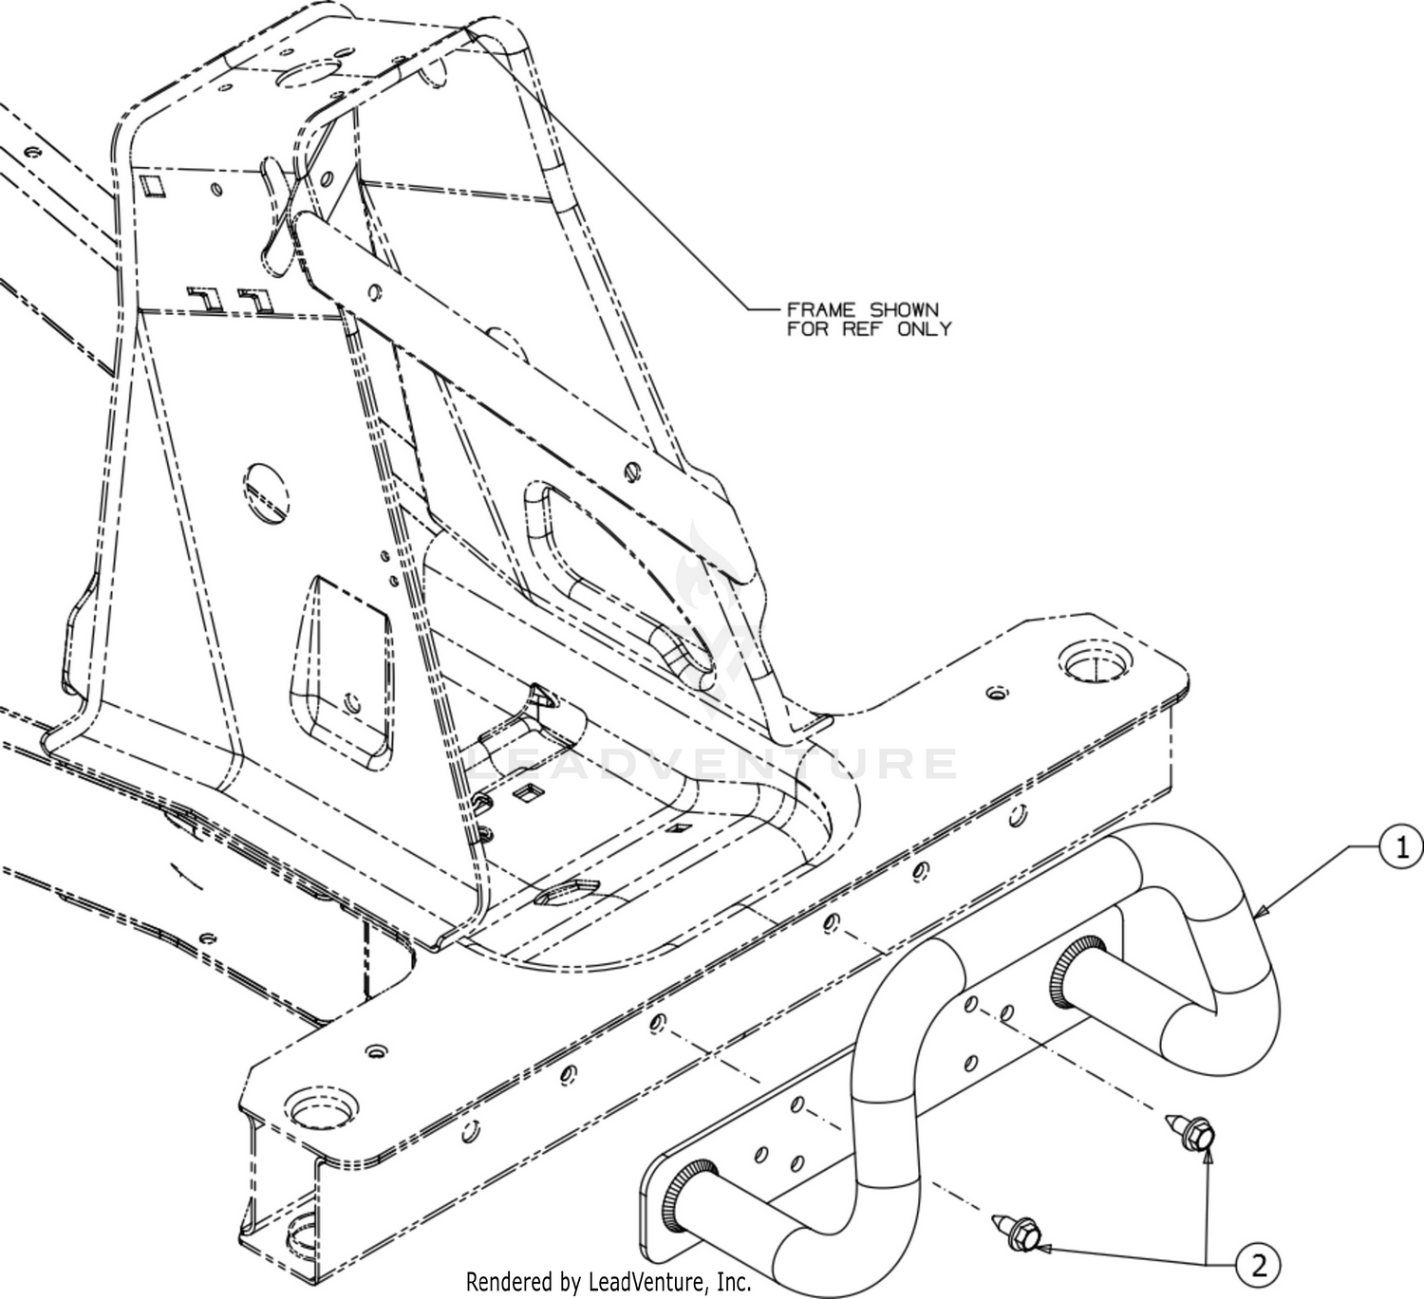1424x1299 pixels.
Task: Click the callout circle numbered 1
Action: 1400,847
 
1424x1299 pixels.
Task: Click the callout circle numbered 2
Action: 1258,1264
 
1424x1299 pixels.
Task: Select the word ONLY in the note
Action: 925,329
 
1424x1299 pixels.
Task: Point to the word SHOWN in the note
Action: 904,310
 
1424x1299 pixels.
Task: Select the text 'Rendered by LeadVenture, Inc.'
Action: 609,1282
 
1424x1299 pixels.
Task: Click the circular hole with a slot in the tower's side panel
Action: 267,494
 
